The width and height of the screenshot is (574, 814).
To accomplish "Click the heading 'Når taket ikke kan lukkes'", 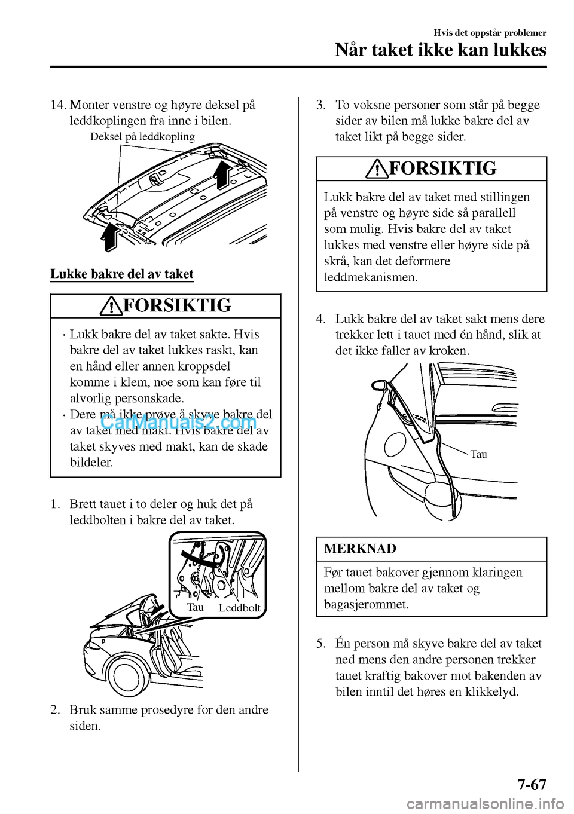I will coord(441,50).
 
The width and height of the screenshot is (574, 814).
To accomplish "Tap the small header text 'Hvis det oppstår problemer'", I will coord(490,33).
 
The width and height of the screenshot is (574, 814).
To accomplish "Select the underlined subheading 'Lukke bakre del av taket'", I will coord(122,274).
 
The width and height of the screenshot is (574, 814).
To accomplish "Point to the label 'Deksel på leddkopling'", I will coord(142,137).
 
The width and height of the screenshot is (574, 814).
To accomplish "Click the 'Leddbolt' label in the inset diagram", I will coord(239,608).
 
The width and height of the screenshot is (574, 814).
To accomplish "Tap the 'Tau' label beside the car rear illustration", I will coord(478,454).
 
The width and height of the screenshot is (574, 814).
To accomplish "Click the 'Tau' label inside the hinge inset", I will coord(195,607).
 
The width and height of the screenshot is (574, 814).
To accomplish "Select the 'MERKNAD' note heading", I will coord(360,549).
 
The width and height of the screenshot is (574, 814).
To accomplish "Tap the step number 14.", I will coord(58,105).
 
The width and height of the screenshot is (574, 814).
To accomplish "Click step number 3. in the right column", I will coord(321,105).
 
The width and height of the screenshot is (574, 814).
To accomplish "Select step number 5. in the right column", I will coord(321,644).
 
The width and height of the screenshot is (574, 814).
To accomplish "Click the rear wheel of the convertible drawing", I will coord(128,676).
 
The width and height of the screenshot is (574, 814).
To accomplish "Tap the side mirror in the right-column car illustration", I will coord(378,386).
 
